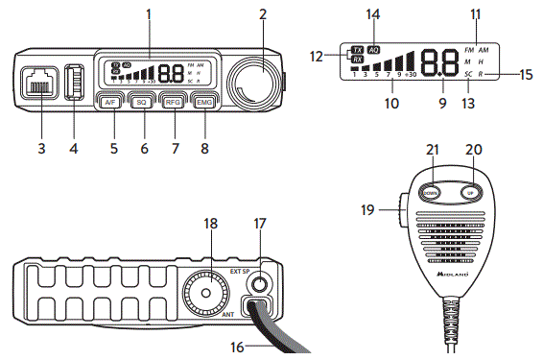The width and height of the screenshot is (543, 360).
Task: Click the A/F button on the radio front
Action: coord(112,102)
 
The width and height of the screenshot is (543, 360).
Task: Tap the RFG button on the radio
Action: coord(173,102)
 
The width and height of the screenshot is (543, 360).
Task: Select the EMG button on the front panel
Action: coord(203,102)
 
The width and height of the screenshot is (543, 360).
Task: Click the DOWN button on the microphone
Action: coord(434,191)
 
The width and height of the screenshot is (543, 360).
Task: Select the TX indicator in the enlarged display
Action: coord(357,48)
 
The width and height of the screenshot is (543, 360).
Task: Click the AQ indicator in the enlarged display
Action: coord(373,48)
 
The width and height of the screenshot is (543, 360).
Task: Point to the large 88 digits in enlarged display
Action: coord(439,60)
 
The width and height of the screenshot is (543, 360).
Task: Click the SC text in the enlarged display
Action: coord(468,74)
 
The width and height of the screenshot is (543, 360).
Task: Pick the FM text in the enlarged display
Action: coord(468,48)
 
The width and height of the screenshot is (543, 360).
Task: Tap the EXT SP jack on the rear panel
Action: coord(257,284)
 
